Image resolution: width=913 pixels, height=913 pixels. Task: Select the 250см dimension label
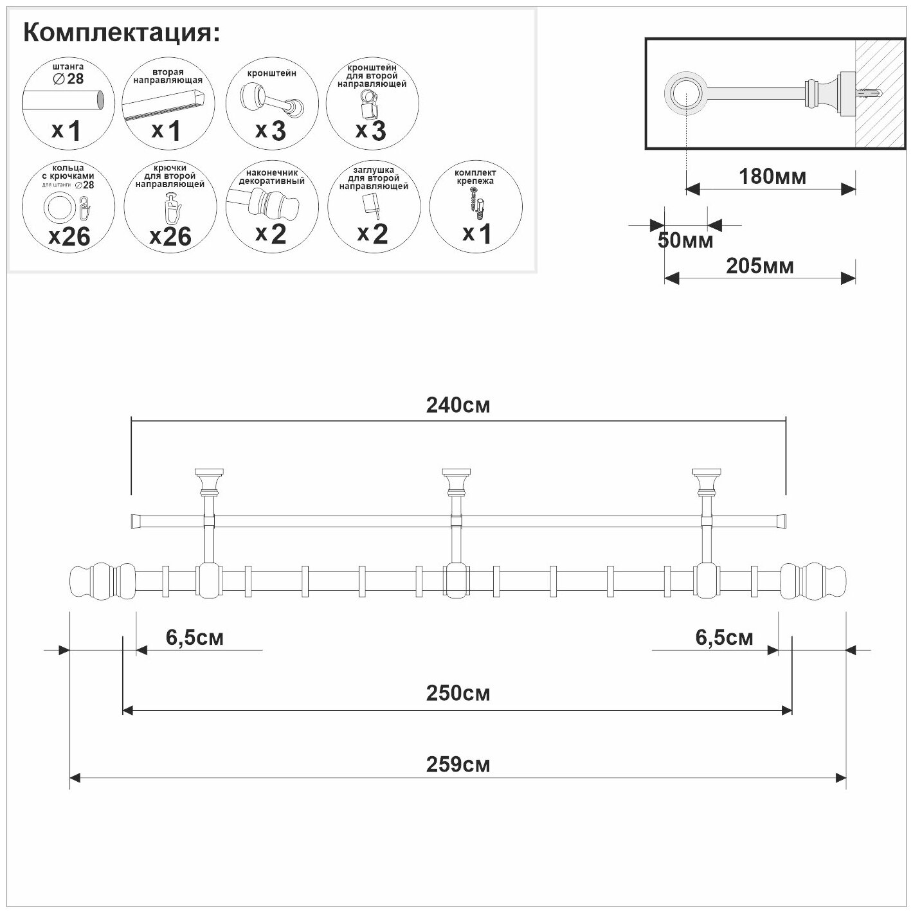[x=458, y=693]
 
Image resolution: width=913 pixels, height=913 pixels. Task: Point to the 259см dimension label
[x=458, y=764]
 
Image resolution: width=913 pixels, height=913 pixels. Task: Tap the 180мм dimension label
[x=772, y=176]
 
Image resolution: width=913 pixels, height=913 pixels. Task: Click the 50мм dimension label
[x=685, y=240]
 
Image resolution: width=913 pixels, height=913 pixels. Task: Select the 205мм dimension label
[x=759, y=266]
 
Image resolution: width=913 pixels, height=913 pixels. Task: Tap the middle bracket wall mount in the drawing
[x=456, y=480]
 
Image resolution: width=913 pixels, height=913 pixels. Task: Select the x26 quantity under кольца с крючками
[x=69, y=237]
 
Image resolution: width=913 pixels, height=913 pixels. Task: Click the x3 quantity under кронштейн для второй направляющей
[x=371, y=131]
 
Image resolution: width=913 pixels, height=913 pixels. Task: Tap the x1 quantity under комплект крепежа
[x=476, y=233]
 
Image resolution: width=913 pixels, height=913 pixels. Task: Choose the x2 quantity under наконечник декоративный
[x=270, y=233]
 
